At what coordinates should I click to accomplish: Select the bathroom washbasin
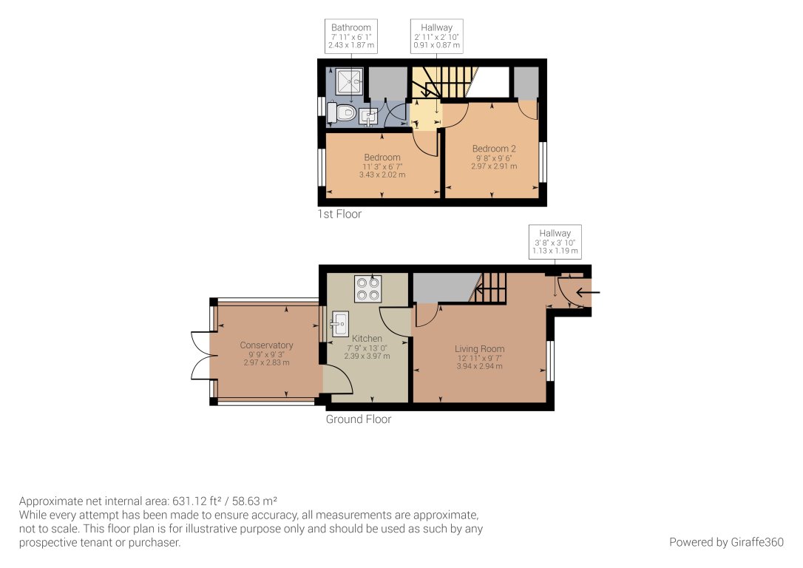(x=369, y=115)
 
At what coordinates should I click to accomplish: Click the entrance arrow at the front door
(x=589, y=293)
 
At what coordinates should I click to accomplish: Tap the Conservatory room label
(x=266, y=345)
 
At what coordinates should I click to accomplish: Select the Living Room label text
(x=479, y=349)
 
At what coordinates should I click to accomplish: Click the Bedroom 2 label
(x=494, y=149)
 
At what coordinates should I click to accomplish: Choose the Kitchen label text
(x=367, y=339)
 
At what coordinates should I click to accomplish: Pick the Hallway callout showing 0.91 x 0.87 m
(x=436, y=36)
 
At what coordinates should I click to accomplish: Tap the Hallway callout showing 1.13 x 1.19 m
(x=555, y=242)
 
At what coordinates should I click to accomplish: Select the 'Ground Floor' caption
(x=359, y=419)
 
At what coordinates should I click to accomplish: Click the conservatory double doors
(x=200, y=356)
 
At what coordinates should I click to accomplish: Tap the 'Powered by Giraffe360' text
(x=726, y=542)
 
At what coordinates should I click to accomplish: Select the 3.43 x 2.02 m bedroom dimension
(x=382, y=175)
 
